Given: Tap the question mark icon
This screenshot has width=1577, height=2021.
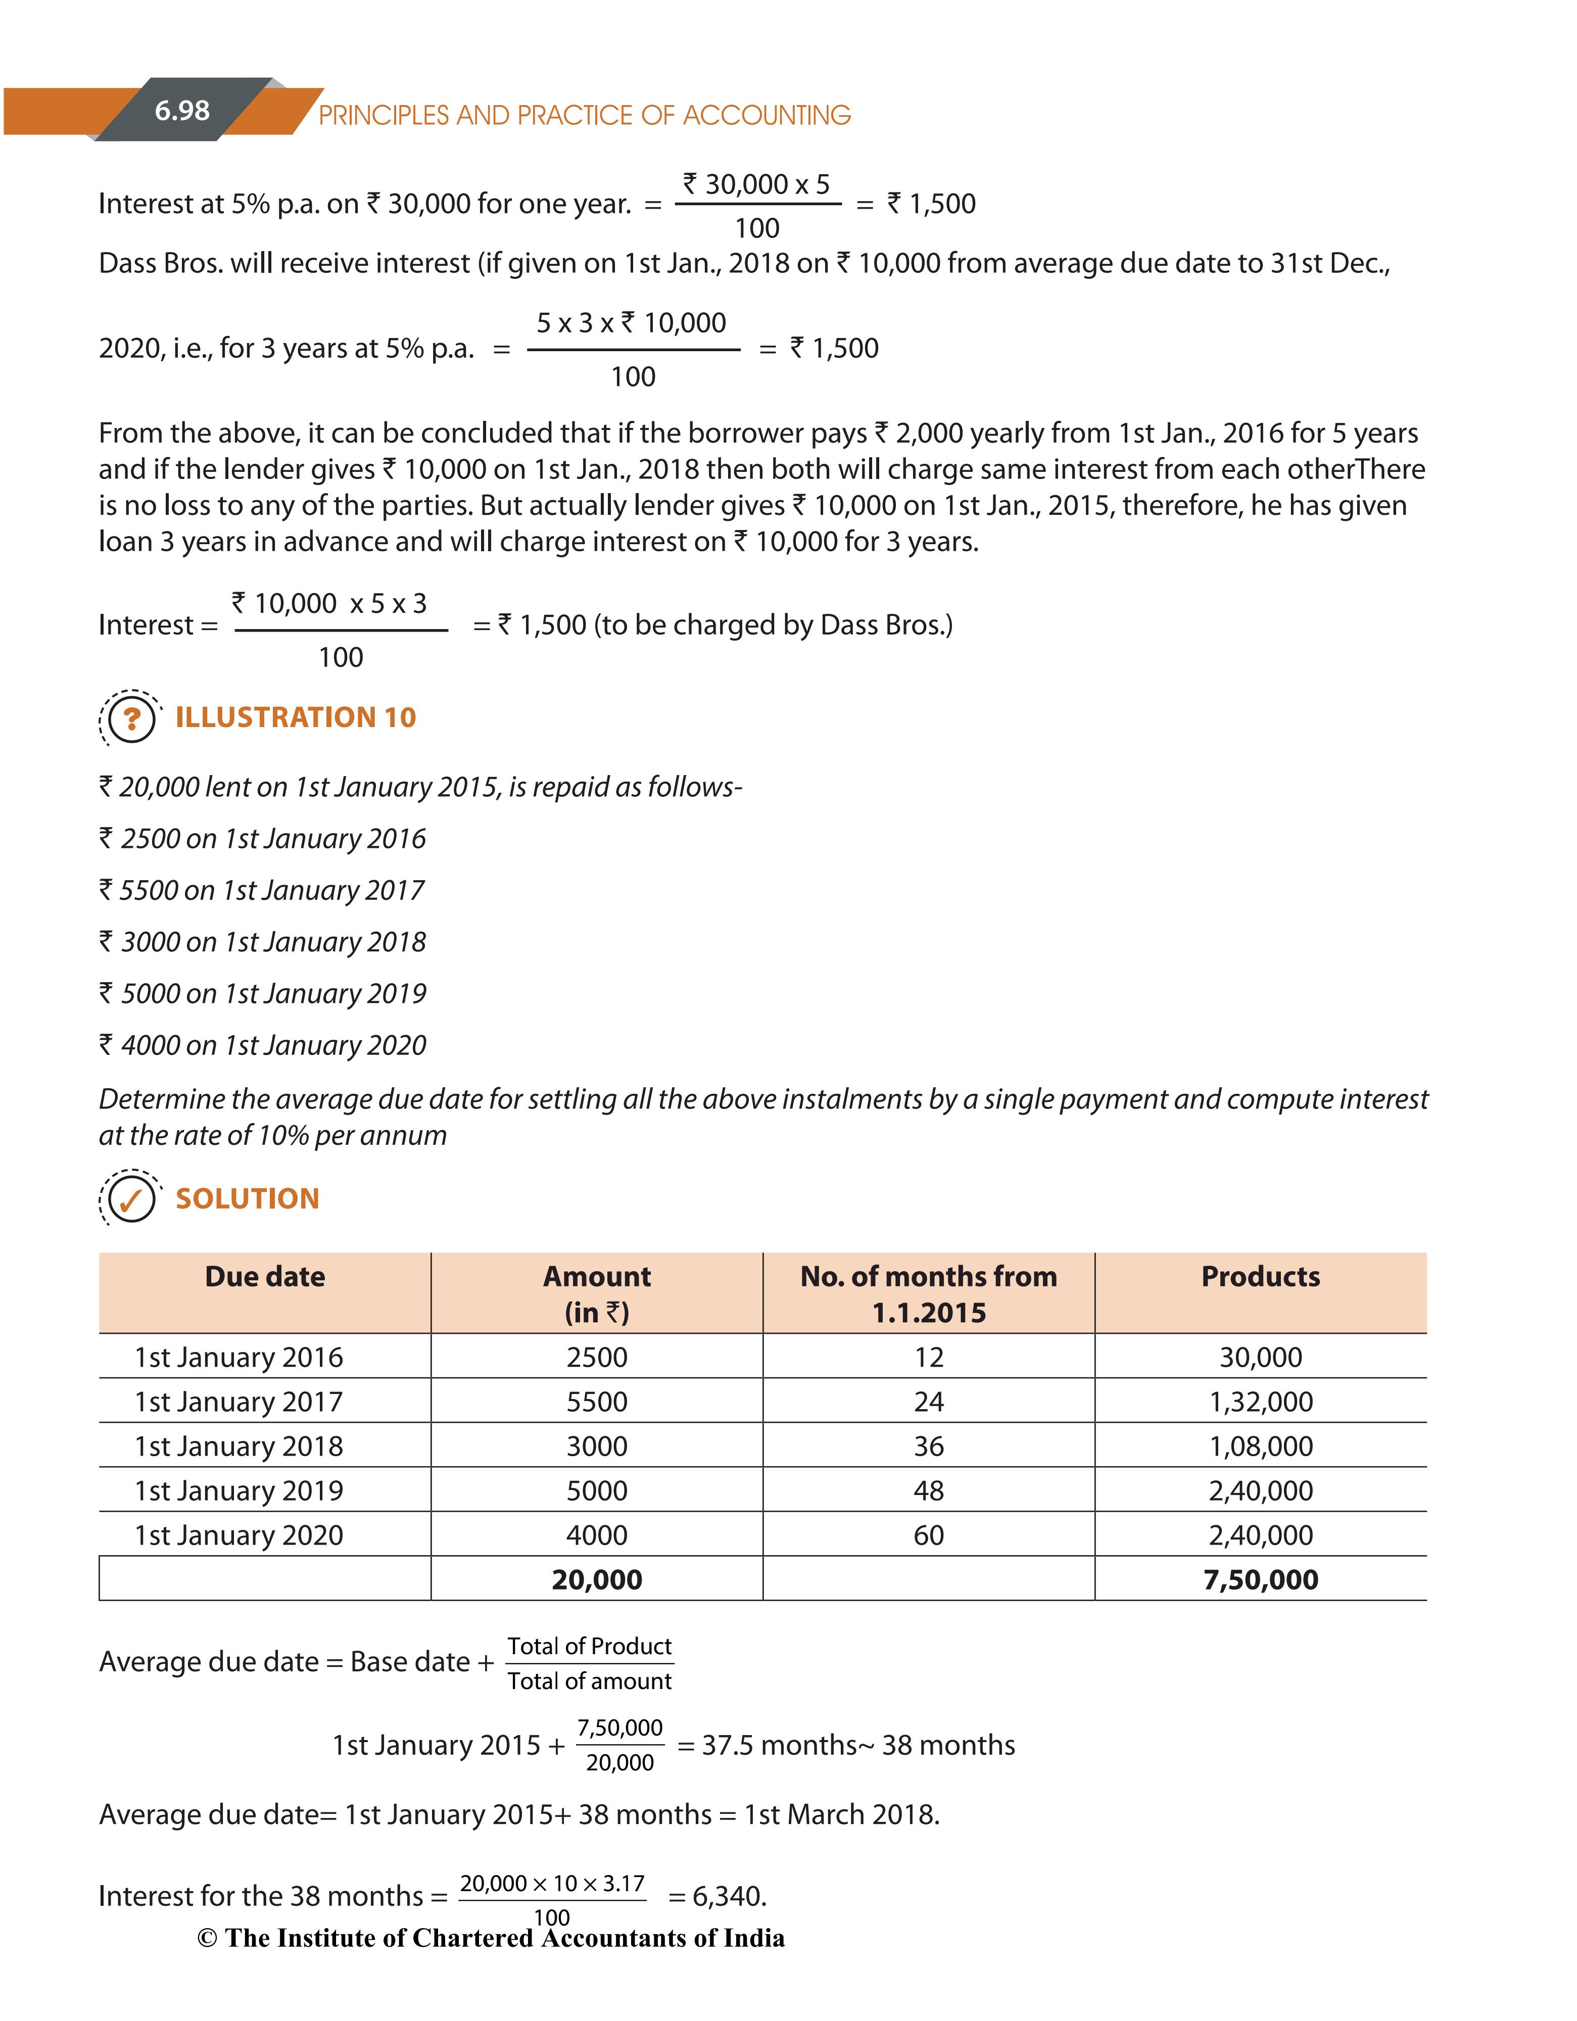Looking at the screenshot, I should pyautogui.click(x=131, y=718).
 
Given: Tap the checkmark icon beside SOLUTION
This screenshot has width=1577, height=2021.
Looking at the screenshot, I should pyautogui.click(x=131, y=1199).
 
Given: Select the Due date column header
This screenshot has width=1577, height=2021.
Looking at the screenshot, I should pyautogui.click(x=265, y=1277).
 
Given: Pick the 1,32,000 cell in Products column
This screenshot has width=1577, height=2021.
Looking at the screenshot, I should pyautogui.click(x=1261, y=1402).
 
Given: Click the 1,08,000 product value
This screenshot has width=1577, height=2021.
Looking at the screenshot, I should pyautogui.click(x=1261, y=1447).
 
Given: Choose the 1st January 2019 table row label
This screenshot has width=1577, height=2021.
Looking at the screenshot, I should pyautogui.click(x=239, y=1491).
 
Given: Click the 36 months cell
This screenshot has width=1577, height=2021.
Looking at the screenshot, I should pyautogui.click(x=928, y=1447).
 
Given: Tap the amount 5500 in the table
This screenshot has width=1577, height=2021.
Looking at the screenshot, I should pyautogui.click(x=597, y=1402).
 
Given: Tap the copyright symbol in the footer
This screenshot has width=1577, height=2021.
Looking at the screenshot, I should pyautogui.click(x=207, y=1939).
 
